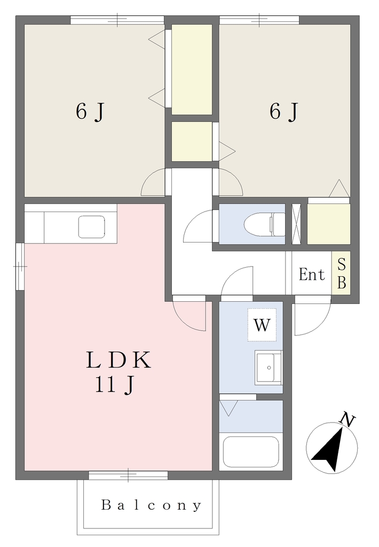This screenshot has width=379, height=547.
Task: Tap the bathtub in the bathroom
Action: pyautogui.click(x=251, y=452)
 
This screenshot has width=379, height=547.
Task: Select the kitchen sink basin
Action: pyautogui.click(x=92, y=226)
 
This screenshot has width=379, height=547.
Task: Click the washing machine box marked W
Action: pyautogui.click(x=262, y=325)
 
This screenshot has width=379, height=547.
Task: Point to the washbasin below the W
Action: pyautogui.click(x=268, y=368)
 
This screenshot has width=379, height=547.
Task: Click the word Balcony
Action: pyautogui.click(x=151, y=505)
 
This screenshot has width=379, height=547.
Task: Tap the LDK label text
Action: pyautogui.click(x=119, y=360)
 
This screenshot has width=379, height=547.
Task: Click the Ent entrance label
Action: pyautogui.click(x=312, y=274)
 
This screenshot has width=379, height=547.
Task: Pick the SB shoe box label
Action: pyautogui.click(x=342, y=274)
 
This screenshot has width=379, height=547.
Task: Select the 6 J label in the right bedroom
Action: pyautogui.click(x=284, y=112)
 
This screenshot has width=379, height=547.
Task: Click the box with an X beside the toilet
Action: pyautogui.click(x=296, y=224)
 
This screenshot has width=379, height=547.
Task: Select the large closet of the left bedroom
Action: pyautogui.click(x=192, y=69)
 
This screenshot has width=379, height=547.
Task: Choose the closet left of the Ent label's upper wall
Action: pyautogui.click(x=328, y=224)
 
